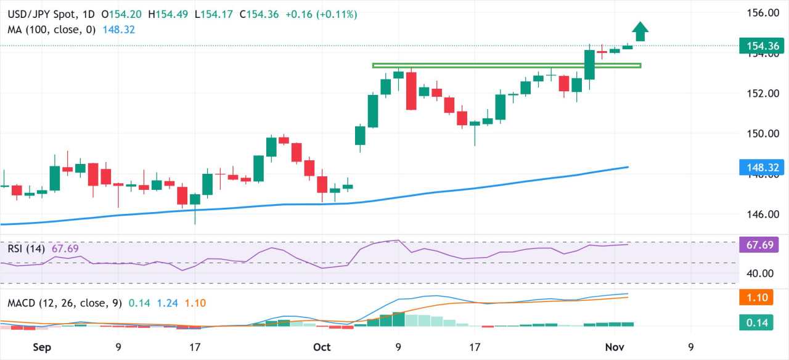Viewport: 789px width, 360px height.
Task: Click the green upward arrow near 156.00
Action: click(x=640, y=31)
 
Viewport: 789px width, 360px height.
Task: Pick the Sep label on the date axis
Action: click(x=41, y=347)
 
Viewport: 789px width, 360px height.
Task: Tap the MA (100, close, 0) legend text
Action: click(x=52, y=30)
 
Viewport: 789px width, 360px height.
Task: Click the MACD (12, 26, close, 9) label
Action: click(x=64, y=303)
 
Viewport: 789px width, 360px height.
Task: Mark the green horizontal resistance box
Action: click(x=507, y=65)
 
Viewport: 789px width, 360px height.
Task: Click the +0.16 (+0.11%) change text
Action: click(x=321, y=14)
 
